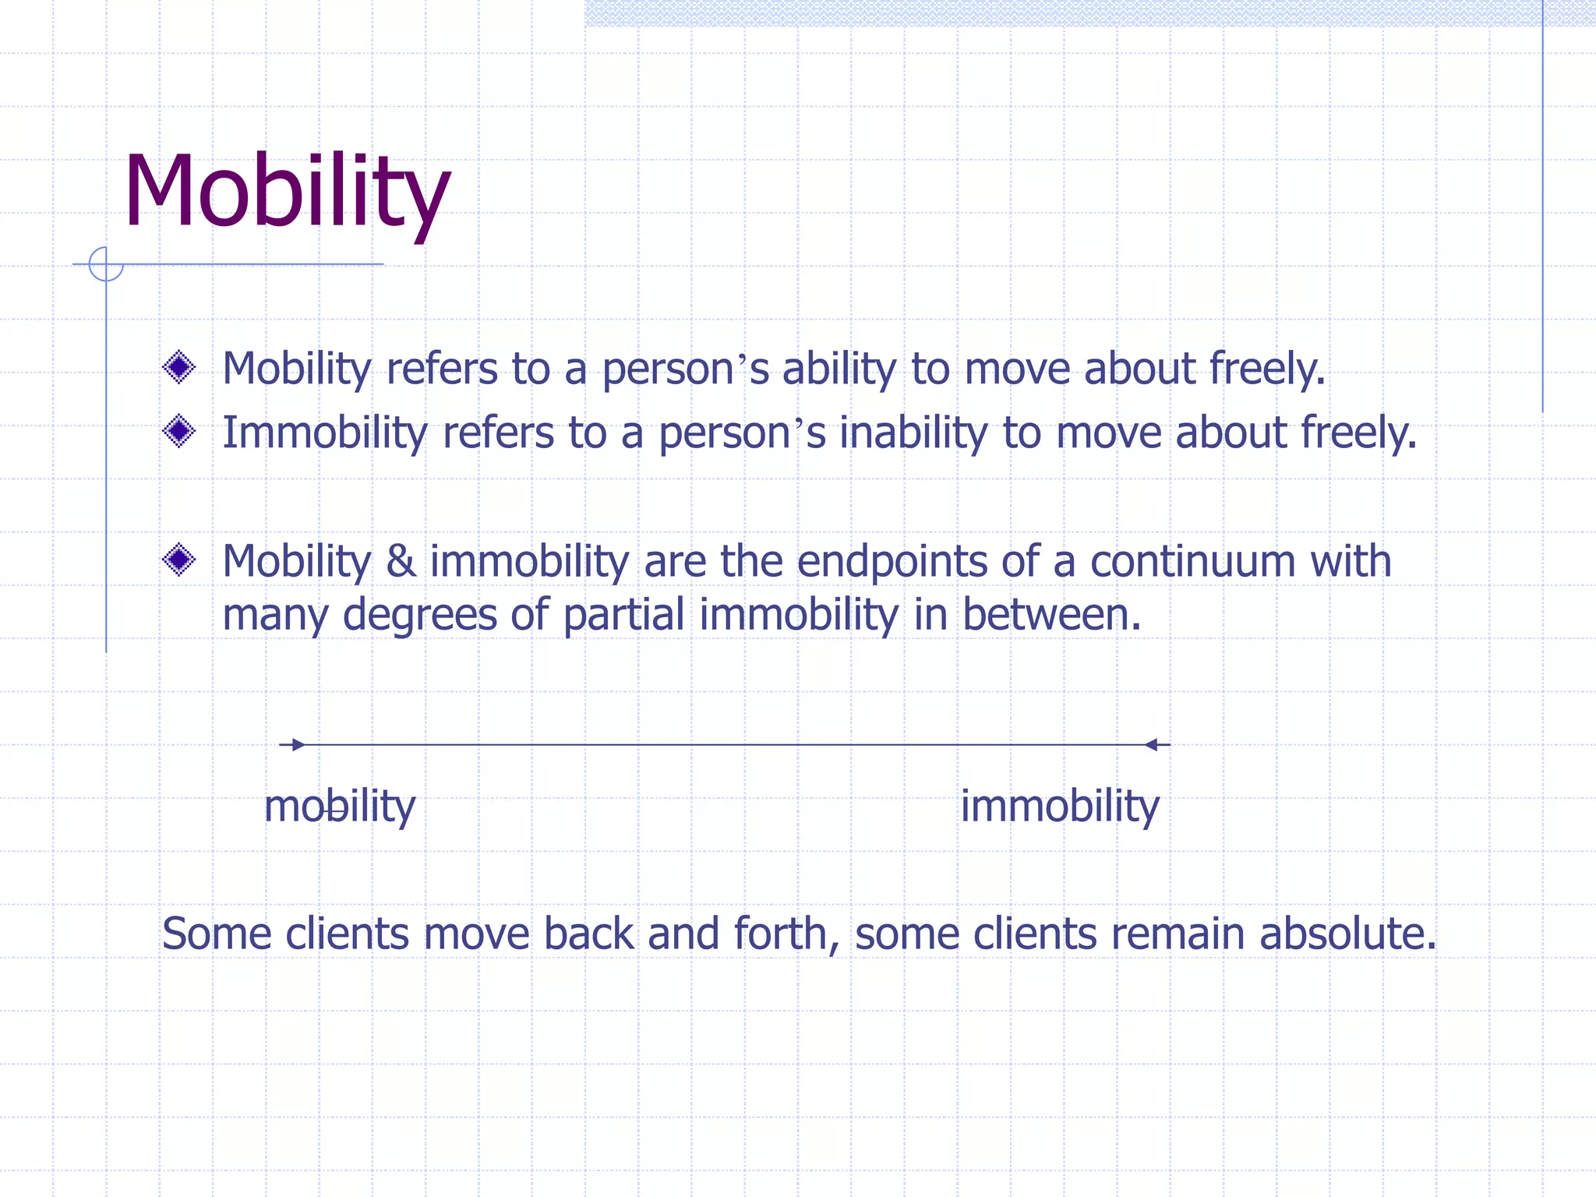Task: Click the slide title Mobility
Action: [x=287, y=192]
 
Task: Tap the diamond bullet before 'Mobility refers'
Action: [x=179, y=367]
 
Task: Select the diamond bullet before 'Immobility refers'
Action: [x=179, y=431]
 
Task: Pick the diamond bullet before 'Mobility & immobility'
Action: [x=179, y=560]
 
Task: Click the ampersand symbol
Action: [x=401, y=561]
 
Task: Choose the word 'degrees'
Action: [x=419, y=616]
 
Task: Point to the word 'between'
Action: [x=1052, y=614]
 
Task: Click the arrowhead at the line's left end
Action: [x=298, y=745]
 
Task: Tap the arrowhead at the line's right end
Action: [x=1152, y=745]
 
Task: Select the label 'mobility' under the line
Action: [x=340, y=807]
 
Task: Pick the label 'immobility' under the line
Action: [x=1060, y=807]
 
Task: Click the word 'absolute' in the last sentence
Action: [x=1347, y=934]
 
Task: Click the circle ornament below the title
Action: [x=106, y=264]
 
